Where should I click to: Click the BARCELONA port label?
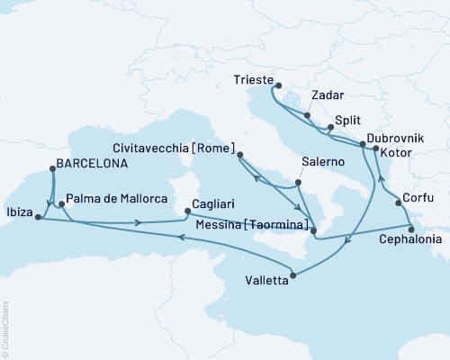tap(90, 165)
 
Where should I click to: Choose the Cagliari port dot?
tap(186, 211)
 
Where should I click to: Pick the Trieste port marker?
tap(272, 87)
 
